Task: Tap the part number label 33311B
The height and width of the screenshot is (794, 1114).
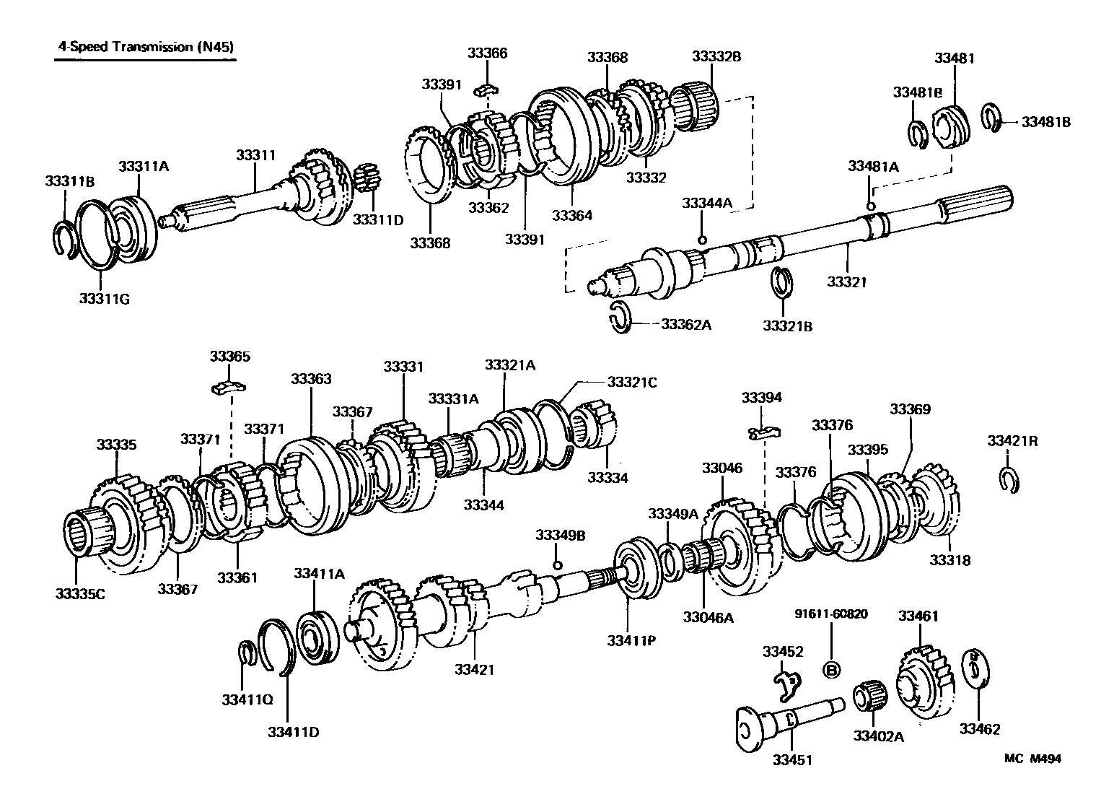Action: [x=70, y=180]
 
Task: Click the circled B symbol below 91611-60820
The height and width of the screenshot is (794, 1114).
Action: [x=831, y=669]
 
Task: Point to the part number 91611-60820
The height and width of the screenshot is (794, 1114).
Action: [x=831, y=614]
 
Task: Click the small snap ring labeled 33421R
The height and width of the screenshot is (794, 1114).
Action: [x=1009, y=479]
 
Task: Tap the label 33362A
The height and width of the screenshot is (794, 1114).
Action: [x=686, y=325]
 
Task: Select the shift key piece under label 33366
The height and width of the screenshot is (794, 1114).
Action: [x=488, y=90]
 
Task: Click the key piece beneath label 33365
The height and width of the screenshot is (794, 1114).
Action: [x=229, y=388]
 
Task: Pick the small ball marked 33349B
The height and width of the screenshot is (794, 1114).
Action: [x=556, y=564]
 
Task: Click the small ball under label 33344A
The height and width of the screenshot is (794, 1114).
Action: [x=701, y=240]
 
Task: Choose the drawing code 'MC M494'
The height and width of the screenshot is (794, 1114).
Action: [x=1032, y=758]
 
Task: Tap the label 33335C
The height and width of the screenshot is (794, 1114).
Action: [x=81, y=593]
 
